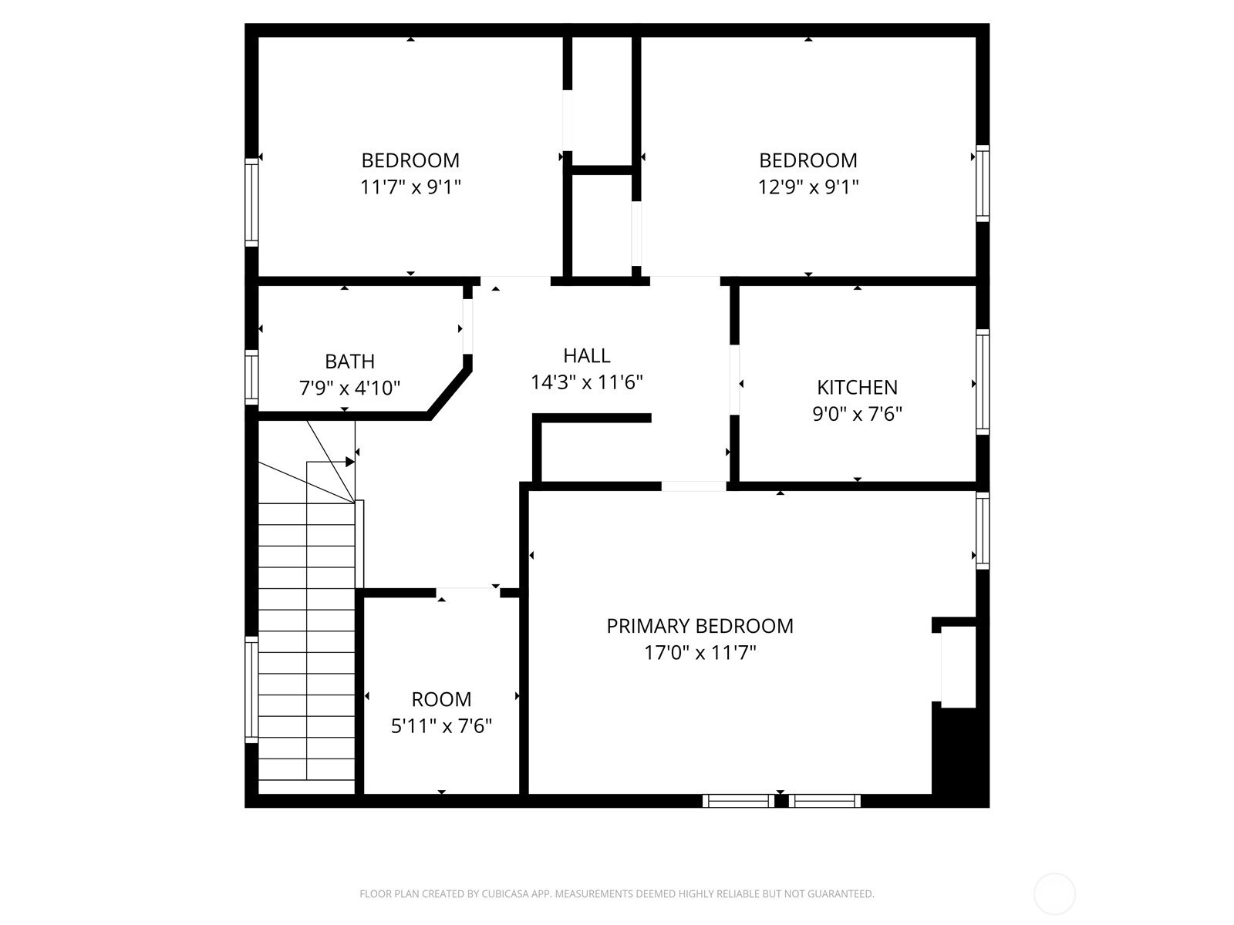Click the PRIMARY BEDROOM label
[x=700, y=626]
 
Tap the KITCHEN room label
[x=857, y=387]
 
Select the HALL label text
[x=586, y=355]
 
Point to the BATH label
[x=349, y=361]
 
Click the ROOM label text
[x=441, y=699]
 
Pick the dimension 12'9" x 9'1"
[x=807, y=187]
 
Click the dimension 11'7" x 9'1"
[x=410, y=187]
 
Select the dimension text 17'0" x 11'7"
[x=700, y=653]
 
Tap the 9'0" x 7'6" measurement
[x=857, y=414]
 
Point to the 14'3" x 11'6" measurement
[x=586, y=382]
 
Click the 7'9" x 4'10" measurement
[x=349, y=388]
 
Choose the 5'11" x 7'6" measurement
[x=441, y=726]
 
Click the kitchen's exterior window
[x=982, y=382]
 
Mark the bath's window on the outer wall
[x=251, y=377]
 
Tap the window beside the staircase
[x=251, y=690]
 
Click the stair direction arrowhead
[x=349, y=462]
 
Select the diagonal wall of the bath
[x=449, y=392]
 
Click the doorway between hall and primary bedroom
[x=693, y=486]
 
